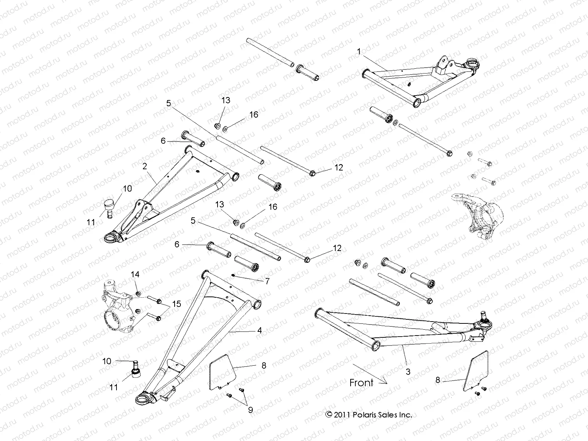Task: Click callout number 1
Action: pos(359,52)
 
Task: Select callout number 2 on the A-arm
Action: pos(145,166)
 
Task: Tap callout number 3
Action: pos(408,372)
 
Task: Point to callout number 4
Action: pos(259,330)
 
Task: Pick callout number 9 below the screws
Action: pos(250,410)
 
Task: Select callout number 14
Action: pos(135,274)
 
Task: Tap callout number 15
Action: pos(177,304)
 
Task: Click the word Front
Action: pos(361,383)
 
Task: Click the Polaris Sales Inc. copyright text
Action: pos(369,415)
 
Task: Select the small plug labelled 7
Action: pos(233,276)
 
